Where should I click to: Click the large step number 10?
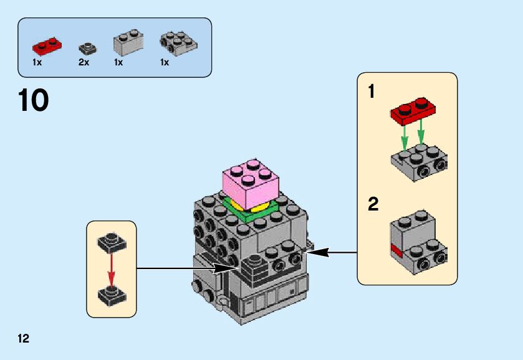click(x=34, y=101)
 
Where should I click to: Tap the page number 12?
click(x=24, y=339)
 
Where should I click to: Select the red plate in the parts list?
click(x=47, y=45)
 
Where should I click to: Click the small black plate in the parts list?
click(x=86, y=49)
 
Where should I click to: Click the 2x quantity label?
click(x=84, y=62)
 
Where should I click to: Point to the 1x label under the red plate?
click(x=37, y=62)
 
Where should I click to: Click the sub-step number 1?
click(x=372, y=92)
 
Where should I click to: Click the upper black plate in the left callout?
click(x=111, y=242)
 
